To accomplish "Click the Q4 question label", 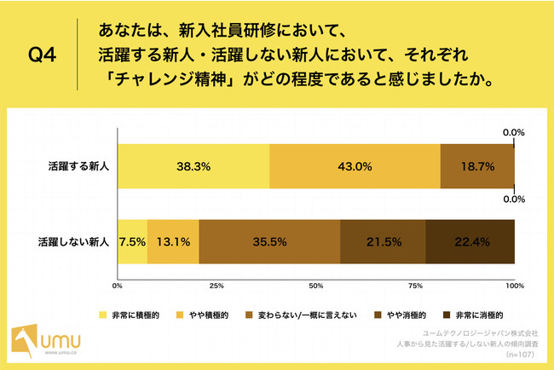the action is tap(42, 55).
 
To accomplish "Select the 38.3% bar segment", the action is tap(193, 166).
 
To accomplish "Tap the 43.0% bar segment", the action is tap(355, 166).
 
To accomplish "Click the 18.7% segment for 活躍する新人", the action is tap(477, 166).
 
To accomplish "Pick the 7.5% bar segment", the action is tap(132, 242).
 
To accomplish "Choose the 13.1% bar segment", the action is tap(173, 242).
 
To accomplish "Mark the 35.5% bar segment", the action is tap(269, 242).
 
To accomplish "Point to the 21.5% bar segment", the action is tap(383, 242).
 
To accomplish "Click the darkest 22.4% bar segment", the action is tap(470, 242).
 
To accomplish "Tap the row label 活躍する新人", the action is tap(78, 166).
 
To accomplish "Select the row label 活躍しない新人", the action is tap(73, 242).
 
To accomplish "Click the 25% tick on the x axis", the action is tap(216, 286).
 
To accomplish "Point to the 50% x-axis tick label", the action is tap(316, 286).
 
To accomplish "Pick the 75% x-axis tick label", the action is tap(416, 286).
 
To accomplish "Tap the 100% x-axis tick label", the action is tap(515, 286).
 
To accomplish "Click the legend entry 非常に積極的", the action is tap(130, 315).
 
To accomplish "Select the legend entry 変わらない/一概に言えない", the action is tap(301, 315).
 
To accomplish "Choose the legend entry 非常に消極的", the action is tap(473, 315).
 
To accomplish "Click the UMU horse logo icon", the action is tap(25, 340).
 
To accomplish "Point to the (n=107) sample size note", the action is tap(520, 354).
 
